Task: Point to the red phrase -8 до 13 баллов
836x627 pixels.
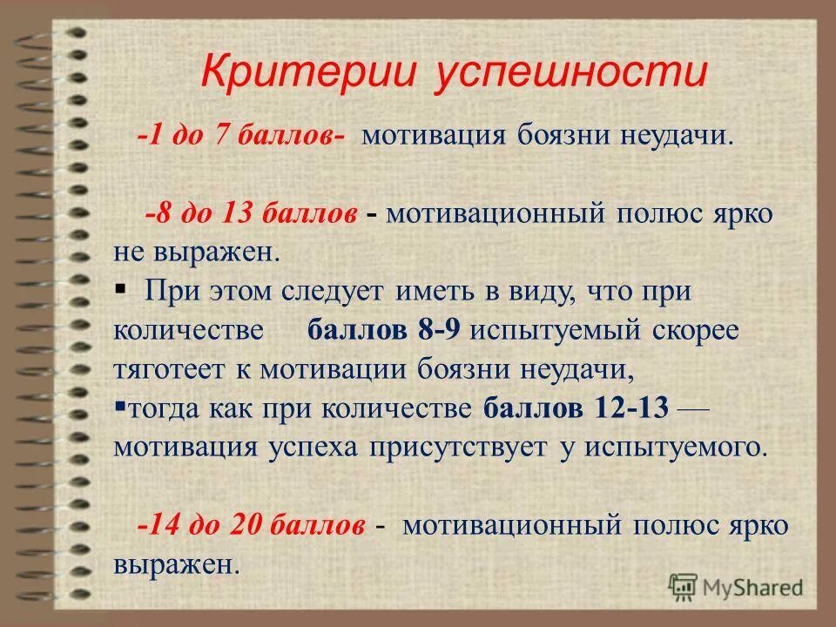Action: pos(252,214)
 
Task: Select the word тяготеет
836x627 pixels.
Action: pos(169,368)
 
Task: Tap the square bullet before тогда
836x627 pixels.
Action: pos(119,406)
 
